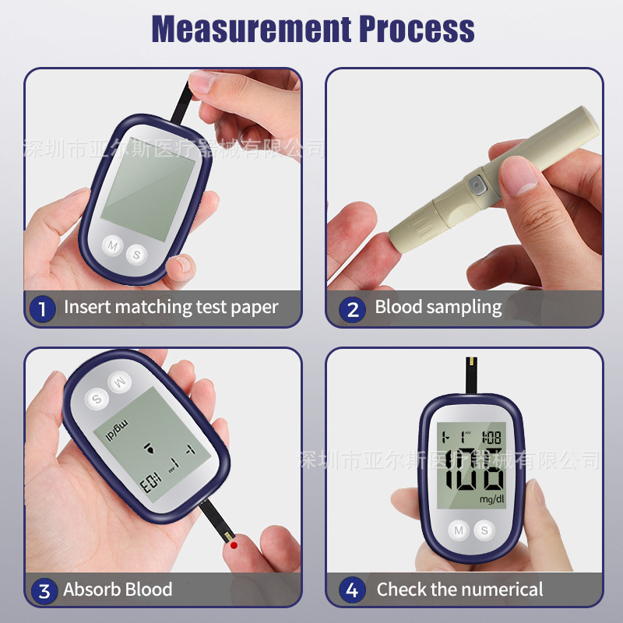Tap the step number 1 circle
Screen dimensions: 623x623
click(42, 308)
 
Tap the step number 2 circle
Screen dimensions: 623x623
click(353, 308)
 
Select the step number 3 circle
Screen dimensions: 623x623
click(42, 590)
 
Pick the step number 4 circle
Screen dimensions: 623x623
click(353, 590)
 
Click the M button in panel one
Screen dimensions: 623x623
click(113, 245)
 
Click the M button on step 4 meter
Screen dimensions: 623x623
click(459, 531)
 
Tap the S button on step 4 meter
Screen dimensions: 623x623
click(484, 531)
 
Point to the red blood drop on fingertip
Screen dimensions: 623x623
click(233, 546)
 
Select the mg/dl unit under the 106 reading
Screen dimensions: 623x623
click(491, 498)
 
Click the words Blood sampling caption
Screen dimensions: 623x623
click(438, 307)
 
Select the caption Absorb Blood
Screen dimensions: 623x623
click(118, 590)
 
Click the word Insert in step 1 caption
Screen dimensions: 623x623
click(87, 307)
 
